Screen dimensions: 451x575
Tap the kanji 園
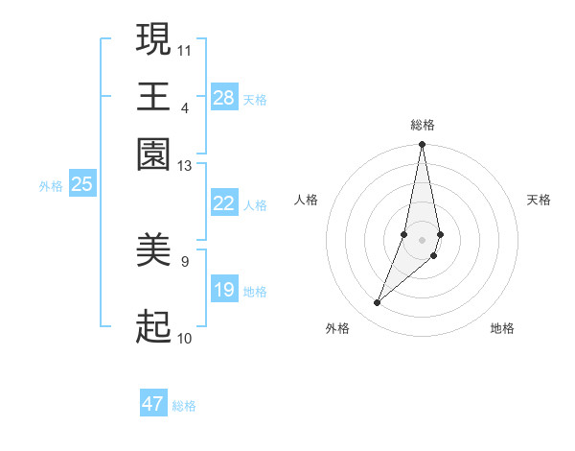(x=153, y=154)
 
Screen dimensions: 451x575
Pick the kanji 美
(x=153, y=250)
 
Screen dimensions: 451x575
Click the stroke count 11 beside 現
(x=185, y=48)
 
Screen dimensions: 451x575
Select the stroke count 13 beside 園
(x=185, y=165)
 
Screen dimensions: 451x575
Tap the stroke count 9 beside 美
(x=185, y=260)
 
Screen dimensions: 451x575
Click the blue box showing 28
(x=223, y=98)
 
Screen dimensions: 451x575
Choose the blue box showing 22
(x=223, y=203)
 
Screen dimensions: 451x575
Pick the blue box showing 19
(x=223, y=290)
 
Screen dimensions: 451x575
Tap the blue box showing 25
(x=81, y=184)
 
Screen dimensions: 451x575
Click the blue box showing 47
(x=153, y=404)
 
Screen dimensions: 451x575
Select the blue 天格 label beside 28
(x=255, y=100)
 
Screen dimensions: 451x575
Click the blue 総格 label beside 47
(x=184, y=406)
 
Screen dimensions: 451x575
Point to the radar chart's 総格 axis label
(x=422, y=125)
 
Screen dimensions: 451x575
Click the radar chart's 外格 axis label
(x=337, y=328)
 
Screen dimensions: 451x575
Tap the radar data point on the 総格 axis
(x=422, y=145)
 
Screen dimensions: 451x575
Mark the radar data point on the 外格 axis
(x=377, y=303)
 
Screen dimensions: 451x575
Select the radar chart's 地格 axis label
(x=502, y=328)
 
